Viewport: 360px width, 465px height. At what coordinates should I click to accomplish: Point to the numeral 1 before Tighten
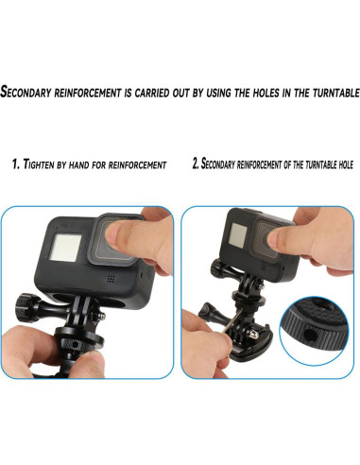pos(15,164)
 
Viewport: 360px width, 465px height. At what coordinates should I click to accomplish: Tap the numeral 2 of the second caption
pos(196,164)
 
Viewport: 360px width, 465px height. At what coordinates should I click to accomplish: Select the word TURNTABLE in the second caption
pos(310,164)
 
